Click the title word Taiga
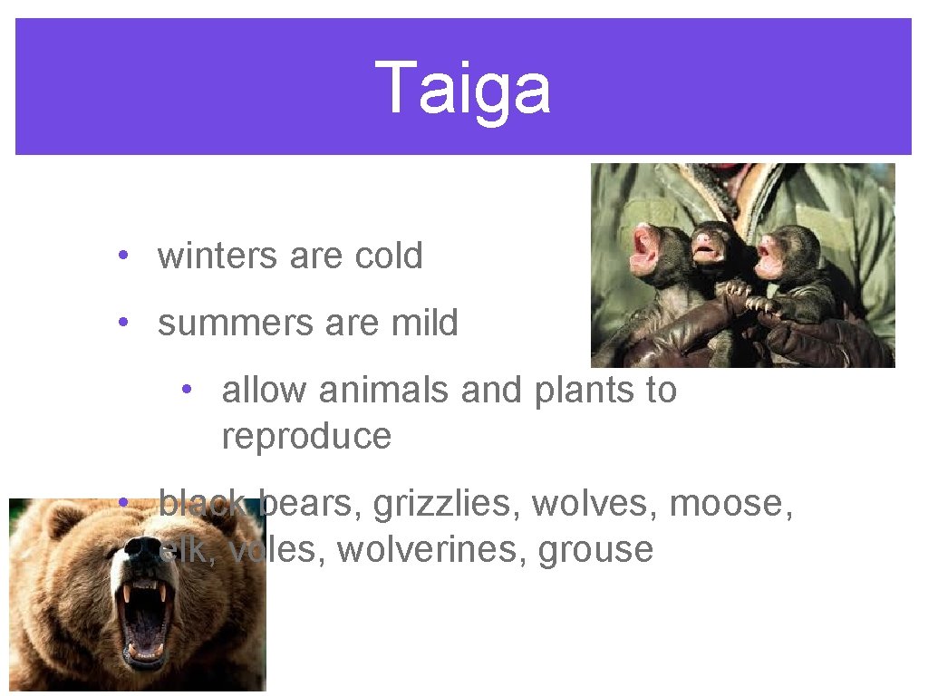click(x=462, y=89)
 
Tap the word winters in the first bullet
click(x=218, y=256)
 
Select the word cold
click(x=389, y=256)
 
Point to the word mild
click(x=425, y=324)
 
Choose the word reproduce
click(x=306, y=437)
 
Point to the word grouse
click(x=595, y=550)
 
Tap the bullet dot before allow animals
click(x=186, y=390)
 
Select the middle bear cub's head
click(x=710, y=243)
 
